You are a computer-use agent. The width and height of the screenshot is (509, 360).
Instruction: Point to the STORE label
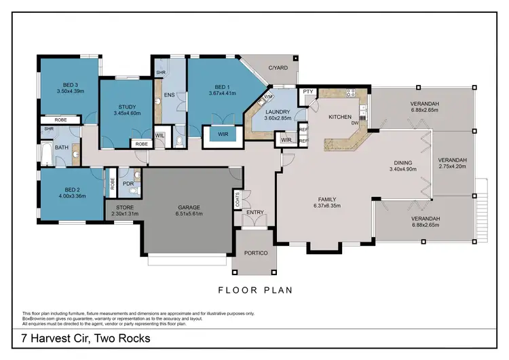[x=124, y=206]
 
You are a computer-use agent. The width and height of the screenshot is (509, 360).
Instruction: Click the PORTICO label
[x=254, y=253]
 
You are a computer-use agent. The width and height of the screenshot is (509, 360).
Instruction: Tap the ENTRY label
[x=255, y=213]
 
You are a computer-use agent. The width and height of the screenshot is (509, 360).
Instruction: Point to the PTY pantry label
[x=307, y=92]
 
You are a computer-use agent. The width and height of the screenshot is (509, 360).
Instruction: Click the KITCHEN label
[x=339, y=118]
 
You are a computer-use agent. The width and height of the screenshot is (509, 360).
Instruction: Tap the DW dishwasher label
[x=354, y=124]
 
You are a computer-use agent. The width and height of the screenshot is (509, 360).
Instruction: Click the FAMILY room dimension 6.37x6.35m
[x=330, y=206]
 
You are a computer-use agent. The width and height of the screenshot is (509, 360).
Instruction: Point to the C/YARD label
[x=277, y=68]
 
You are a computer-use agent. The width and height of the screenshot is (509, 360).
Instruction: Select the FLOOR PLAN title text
[x=254, y=290]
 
